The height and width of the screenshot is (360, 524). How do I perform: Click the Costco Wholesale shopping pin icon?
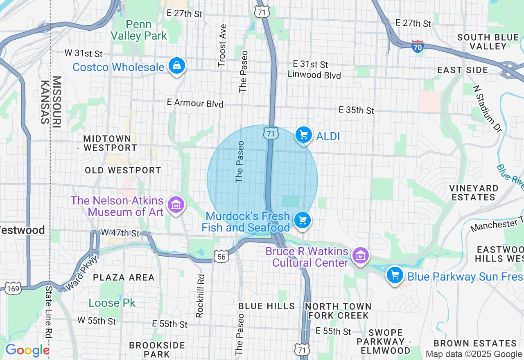click(176, 66)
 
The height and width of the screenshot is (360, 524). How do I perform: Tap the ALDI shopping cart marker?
click(303, 135)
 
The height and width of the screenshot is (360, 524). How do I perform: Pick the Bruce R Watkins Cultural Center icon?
click(361, 256)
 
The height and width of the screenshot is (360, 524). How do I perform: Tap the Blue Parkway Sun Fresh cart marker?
click(395, 275)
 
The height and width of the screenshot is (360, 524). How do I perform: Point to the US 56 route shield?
click(221, 256)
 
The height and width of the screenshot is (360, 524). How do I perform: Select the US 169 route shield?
click(13, 289)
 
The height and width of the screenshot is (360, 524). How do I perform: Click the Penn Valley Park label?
click(139, 30)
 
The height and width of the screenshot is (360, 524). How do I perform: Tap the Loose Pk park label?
click(112, 303)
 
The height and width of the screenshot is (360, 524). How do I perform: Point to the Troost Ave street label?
click(222, 45)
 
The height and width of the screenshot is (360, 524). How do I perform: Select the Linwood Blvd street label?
click(314, 75)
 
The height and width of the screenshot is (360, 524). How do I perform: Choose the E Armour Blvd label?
click(195, 103)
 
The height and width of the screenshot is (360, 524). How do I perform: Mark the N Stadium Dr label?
click(487, 108)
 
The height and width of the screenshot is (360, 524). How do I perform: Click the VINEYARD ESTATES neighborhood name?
click(474, 193)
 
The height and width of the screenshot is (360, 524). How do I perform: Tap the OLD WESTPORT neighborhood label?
click(123, 170)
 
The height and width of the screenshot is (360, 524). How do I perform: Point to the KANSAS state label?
click(45, 102)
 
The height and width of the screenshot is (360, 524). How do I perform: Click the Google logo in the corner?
click(27, 351)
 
